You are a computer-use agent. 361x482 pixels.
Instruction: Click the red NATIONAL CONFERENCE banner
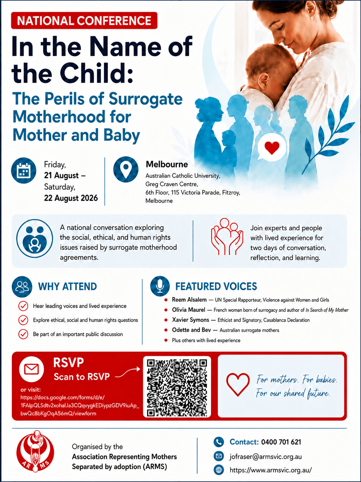tap(84, 20)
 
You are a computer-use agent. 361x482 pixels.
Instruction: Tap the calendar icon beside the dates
tap(24, 170)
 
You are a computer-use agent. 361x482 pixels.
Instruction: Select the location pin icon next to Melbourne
tap(126, 169)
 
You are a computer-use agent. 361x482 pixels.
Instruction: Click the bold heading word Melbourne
tap(167, 164)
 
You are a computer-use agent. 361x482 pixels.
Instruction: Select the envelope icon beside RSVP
tap(32, 369)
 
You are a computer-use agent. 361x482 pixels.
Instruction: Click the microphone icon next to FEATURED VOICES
tap(160, 286)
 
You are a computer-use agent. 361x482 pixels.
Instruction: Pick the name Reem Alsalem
tap(189, 300)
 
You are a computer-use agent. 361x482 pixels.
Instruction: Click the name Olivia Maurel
tap(188, 310)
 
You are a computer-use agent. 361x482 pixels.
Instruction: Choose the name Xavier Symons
tap(190, 320)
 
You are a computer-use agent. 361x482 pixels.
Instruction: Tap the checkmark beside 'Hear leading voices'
tap(23, 306)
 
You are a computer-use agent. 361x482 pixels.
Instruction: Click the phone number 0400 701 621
tap(281, 442)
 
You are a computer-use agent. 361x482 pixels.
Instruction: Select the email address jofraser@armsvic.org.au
tap(266, 456)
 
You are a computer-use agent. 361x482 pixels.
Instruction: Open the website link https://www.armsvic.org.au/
tap(271, 470)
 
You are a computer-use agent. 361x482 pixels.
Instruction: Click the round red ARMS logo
tap(35, 455)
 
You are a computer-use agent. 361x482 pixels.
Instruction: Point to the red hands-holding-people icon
tap(227, 236)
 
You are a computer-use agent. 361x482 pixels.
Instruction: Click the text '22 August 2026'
tap(71, 198)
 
